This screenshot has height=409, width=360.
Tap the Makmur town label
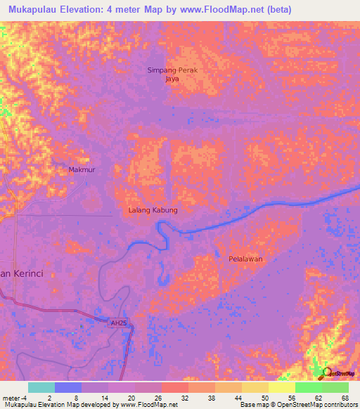82,170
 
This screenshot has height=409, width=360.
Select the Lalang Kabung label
153,210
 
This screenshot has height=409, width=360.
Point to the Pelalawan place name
245,259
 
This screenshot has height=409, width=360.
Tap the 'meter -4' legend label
14,397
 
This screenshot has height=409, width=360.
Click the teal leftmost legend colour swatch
41,387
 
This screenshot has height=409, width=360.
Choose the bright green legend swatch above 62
309,387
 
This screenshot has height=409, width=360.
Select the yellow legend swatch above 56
282,387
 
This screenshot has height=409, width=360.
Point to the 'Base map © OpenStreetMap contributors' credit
297,405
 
